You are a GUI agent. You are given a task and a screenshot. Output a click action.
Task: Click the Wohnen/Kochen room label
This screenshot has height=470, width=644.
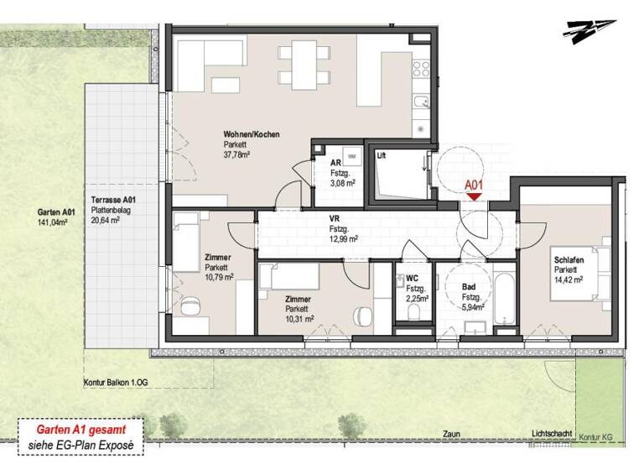point(251,134)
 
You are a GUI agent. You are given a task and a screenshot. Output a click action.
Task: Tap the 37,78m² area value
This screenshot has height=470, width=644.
point(238,154)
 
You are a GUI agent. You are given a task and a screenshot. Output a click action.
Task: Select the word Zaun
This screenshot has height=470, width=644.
point(452,434)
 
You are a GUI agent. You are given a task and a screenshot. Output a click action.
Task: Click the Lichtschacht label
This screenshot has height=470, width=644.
point(551,434)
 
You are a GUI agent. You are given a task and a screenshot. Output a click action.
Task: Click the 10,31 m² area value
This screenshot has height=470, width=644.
point(299,318)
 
